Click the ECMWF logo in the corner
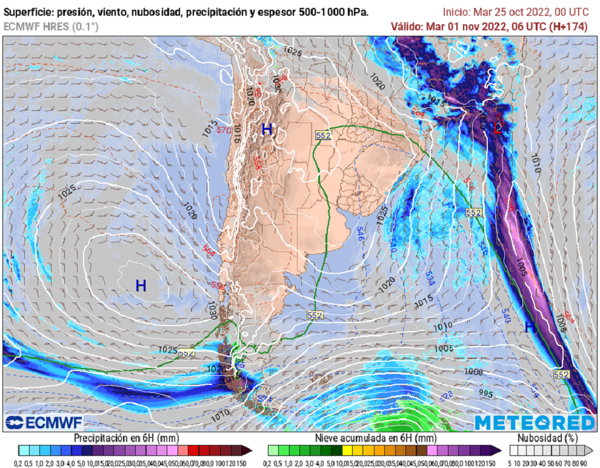pos(44,422)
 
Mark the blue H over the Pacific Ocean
pos(141,286)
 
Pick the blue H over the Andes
pos(267,129)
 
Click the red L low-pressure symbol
pos(498,127)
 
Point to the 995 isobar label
pos(485,393)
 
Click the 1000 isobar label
pos(474,371)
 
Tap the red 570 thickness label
pos(223,130)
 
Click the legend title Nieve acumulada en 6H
pos(376,437)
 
